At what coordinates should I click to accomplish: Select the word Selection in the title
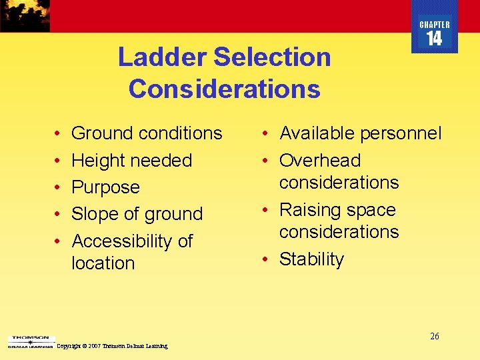tap(272, 57)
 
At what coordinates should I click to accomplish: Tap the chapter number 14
tap(434, 39)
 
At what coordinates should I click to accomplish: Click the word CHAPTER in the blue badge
tap(434, 25)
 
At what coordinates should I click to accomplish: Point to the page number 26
tap(434, 336)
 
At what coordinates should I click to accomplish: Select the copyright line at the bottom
tap(113, 346)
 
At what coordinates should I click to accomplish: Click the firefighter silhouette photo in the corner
tap(25, 15)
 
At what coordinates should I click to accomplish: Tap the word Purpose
tap(105, 187)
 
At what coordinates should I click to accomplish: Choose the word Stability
tap(311, 259)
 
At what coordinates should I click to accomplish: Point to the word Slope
tap(93, 214)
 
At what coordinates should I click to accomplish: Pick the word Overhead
tap(320, 161)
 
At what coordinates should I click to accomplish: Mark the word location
tap(103, 263)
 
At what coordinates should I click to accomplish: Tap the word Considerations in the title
tap(224, 89)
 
